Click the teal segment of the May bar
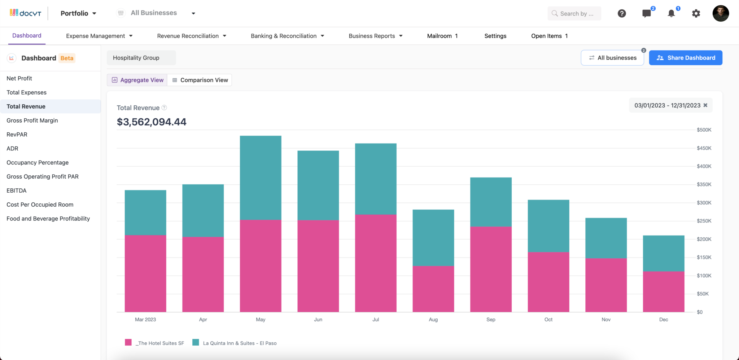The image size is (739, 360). tap(261, 177)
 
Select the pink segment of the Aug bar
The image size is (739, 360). tap(433, 289)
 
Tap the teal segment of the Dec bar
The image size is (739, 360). tap(663, 253)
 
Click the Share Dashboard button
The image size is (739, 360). tap(685, 58)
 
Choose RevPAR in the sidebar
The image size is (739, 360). tap(17, 135)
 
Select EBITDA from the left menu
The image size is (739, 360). tap(17, 190)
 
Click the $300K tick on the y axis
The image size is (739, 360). tap(704, 203)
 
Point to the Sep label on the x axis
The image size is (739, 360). tap(490, 320)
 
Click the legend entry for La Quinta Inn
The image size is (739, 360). tap(239, 343)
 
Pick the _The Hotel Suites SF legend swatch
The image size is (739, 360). tap(128, 342)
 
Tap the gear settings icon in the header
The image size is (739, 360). tap(696, 14)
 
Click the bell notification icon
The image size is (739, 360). tap(671, 14)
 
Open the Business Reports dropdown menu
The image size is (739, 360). tap(375, 36)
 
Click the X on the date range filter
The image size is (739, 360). tap(705, 105)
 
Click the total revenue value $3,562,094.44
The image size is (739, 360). tap(152, 122)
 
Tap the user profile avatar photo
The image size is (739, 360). tap(720, 14)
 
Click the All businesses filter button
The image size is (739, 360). tap(612, 58)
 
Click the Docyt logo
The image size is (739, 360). tap(25, 13)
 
